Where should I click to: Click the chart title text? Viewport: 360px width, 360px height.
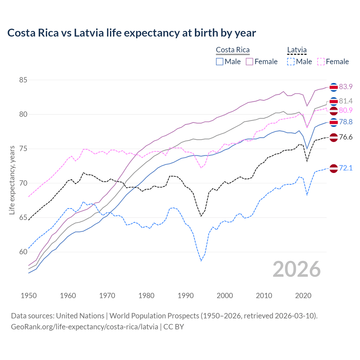(x=132, y=33)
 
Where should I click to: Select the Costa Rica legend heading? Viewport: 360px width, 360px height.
(x=233, y=50)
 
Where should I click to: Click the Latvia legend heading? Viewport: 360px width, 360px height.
(x=297, y=50)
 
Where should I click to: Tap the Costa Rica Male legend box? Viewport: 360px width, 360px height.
(x=220, y=62)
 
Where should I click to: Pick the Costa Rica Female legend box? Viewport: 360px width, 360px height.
(x=249, y=62)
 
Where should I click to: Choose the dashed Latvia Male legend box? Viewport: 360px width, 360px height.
(x=291, y=62)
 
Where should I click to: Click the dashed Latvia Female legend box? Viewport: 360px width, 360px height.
(x=321, y=62)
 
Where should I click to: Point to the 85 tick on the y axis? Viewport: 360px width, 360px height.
(x=23, y=80)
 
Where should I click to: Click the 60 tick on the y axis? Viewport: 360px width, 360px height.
(x=23, y=252)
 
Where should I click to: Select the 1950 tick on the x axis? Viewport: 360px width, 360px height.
(x=29, y=296)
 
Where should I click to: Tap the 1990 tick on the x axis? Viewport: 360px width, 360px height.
(x=186, y=296)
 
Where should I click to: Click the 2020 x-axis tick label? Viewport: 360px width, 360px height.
(x=303, y=296)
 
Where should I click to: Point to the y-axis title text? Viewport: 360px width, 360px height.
(x=12, y=180)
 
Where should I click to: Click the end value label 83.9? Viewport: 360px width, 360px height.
(x=346, y=87)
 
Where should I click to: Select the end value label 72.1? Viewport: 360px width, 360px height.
(x=346, y=168)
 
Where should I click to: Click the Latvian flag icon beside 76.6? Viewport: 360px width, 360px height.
(x=334, y=138)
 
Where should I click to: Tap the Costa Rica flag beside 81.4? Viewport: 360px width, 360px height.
(x=334, y=101)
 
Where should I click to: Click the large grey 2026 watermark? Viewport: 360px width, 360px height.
(x=296, y=269)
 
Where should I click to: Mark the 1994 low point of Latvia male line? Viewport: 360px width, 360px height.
(x=201, y=261)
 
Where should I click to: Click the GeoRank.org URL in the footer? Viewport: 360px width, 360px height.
(x=84, y=327)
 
